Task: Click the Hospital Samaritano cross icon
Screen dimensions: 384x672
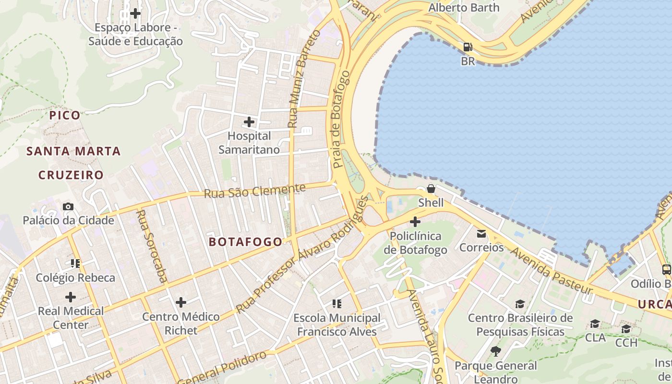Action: click(249, 122)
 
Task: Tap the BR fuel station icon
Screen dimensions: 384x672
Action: click(468, 47)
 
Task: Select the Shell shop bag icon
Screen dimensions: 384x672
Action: click(431, 188)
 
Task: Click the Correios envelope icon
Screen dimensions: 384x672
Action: click(481, 234)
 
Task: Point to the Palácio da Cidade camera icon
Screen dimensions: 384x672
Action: click(68, 206)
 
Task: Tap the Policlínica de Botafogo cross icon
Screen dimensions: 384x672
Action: click(415, 222)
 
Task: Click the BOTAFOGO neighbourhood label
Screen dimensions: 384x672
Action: click(246, 242)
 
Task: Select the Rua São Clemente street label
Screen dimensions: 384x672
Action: click(254, 191)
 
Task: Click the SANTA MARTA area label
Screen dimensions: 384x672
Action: click(73, 151)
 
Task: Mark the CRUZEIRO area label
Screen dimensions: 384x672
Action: click(71, 175)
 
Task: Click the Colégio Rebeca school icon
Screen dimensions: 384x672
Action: click(75, 263)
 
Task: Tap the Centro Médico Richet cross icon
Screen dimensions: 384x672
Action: click(181, 302)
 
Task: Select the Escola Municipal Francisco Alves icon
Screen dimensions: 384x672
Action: click(337, 303)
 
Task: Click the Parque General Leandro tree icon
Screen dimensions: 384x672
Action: click(496, 351)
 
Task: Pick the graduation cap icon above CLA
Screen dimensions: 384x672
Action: click(595, 324)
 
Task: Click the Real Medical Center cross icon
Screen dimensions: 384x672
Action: click(71, 297)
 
